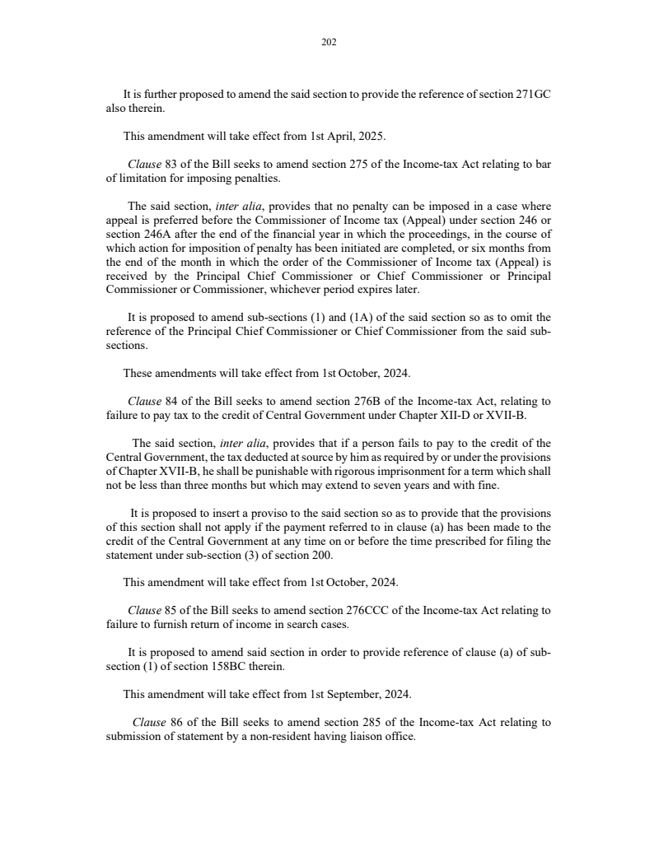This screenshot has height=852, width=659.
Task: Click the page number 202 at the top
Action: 329,42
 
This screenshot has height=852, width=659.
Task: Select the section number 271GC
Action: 533,95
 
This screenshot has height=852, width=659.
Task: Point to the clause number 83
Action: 172,164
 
